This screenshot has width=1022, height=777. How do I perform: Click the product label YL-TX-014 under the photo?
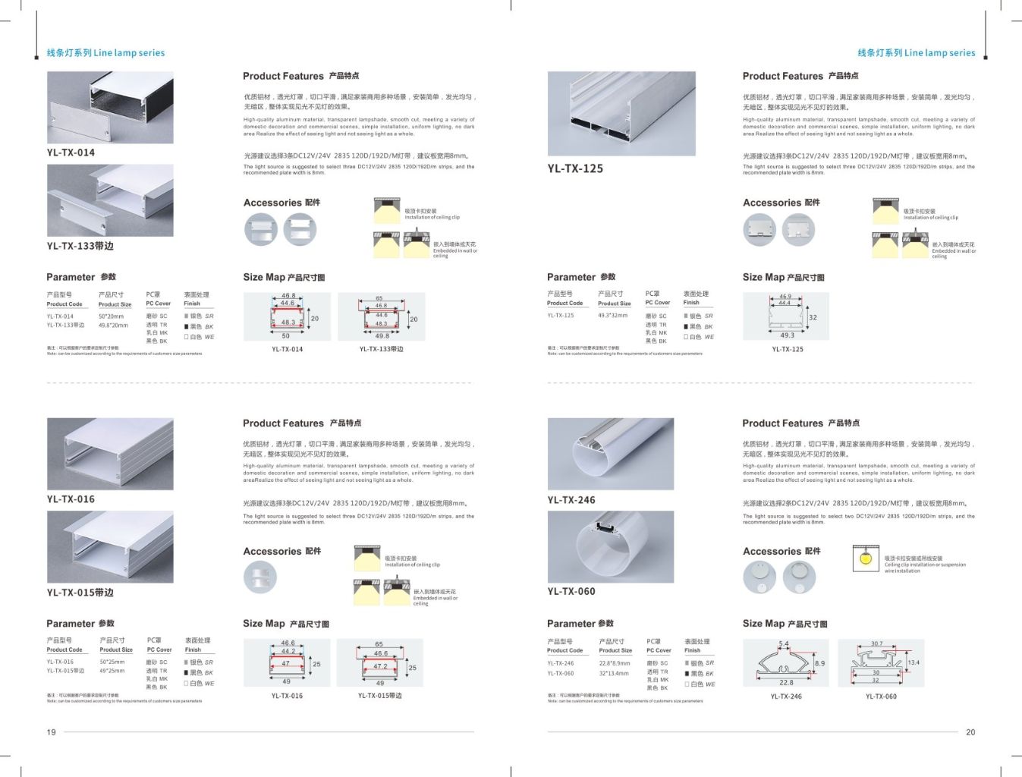[71, 153]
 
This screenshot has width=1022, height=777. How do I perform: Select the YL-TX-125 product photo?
[621, 114]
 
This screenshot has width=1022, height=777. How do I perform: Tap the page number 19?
[52, 732]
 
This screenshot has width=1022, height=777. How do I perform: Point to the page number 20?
[970, 732]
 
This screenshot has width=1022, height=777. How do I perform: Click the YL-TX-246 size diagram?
[785, 663]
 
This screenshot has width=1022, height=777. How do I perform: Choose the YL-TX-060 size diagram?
[881, 663]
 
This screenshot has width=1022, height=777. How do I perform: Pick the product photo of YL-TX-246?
[610, 454]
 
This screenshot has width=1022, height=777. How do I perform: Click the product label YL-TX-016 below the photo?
[71, 499]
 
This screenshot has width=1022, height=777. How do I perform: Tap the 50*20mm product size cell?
[111, 316]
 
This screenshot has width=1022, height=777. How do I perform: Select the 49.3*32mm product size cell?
[612, 315]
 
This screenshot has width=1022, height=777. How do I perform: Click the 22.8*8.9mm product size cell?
[614, 663]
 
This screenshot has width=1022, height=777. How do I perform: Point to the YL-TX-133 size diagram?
[381, 316]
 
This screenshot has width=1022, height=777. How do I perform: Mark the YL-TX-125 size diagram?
[786, 316]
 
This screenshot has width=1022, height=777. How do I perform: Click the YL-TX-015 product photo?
[110, 546]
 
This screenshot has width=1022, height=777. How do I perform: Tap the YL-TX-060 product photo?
[610, 546]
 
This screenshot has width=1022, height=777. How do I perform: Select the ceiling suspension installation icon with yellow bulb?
[866, 558]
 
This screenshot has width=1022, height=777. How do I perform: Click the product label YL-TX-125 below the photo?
[575, 168]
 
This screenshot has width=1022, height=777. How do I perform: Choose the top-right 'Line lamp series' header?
[916, 53]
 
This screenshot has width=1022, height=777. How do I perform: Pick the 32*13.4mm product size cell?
[614, 673]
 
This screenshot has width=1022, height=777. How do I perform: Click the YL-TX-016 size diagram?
[287, 662]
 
